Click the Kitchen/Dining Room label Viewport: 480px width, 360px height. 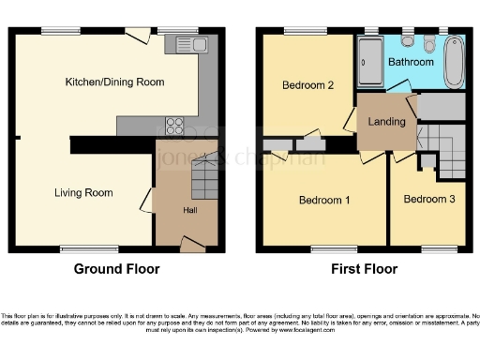click(x=114, y=82)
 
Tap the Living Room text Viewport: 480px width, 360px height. click(x=82, y=193)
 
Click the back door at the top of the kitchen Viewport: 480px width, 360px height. click(x=138, y=34)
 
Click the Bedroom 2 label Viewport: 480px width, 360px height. click(x=308, y=85)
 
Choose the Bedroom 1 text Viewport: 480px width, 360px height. click(x=324, y=200)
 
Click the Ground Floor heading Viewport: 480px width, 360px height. click(x=116, y=269)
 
